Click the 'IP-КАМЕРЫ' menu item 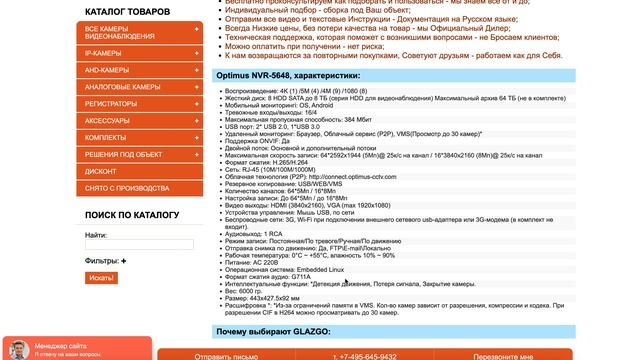(104, 53)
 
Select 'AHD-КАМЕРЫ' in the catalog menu (107, 70)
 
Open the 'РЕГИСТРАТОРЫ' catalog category (111, 103)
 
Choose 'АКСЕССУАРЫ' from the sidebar (107, 120)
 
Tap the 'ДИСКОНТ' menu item (101, 171)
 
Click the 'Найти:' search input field (139, 244)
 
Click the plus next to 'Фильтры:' (124, 261)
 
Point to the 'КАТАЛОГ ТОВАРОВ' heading (128, 12)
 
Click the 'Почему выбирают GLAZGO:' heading (274, 331)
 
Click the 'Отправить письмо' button (231, 355)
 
